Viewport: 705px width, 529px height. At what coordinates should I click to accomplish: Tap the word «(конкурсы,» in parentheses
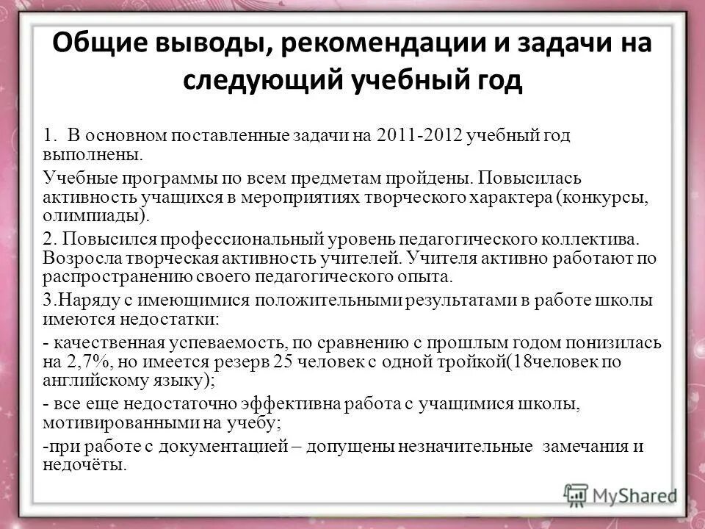(604, 198)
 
